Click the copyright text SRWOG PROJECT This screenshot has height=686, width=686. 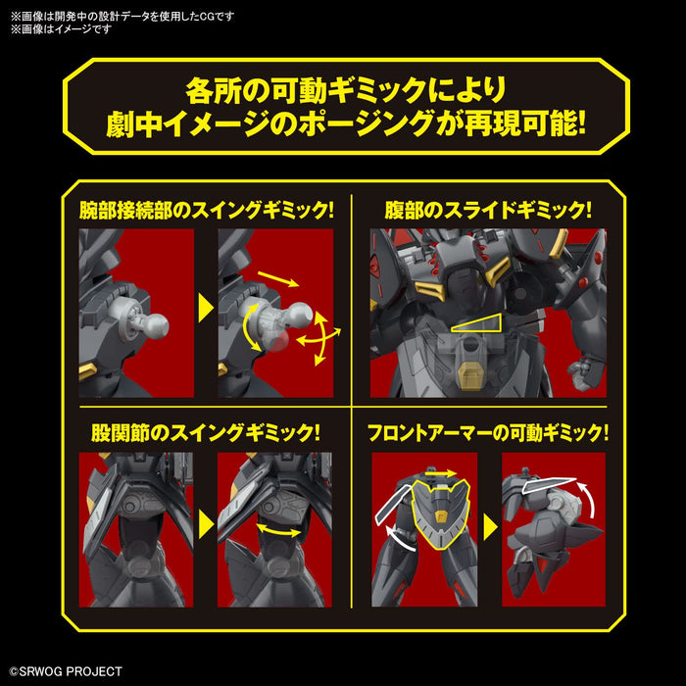pyautogui.click(x=65, y=671)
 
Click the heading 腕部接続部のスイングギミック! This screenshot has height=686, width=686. pyautogui.click(x=207, y=211)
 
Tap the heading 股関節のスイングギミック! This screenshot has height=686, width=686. pyautogui.click(x=207, y=432)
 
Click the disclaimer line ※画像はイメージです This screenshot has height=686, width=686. pyautogui.click(x=61, y=28)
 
